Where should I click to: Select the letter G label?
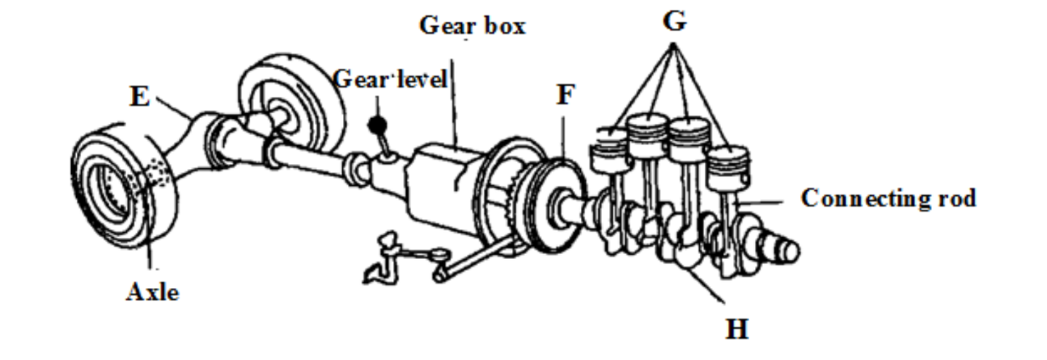[674, 22]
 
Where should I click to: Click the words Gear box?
[473, 25]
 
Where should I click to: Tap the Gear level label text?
[391, 80]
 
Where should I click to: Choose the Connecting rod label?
[888, 198]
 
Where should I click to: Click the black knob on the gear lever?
[375, 125]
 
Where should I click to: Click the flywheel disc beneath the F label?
[550, 202]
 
